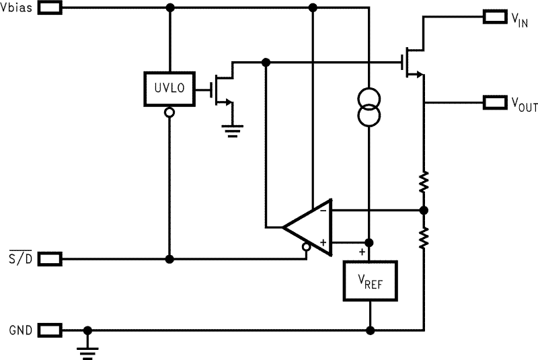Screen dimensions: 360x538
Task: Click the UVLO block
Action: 169,88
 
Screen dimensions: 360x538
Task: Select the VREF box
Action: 371,281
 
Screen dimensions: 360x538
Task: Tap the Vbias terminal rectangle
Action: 51,8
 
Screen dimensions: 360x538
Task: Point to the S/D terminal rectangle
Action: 51,258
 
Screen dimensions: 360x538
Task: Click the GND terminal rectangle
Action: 51,330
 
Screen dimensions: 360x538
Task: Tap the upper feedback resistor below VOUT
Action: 424,181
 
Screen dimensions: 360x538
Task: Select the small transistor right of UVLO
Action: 223,88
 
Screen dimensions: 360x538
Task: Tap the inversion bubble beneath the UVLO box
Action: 169,112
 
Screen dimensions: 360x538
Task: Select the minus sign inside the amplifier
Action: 323,211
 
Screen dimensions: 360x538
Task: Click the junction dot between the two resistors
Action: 424,211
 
